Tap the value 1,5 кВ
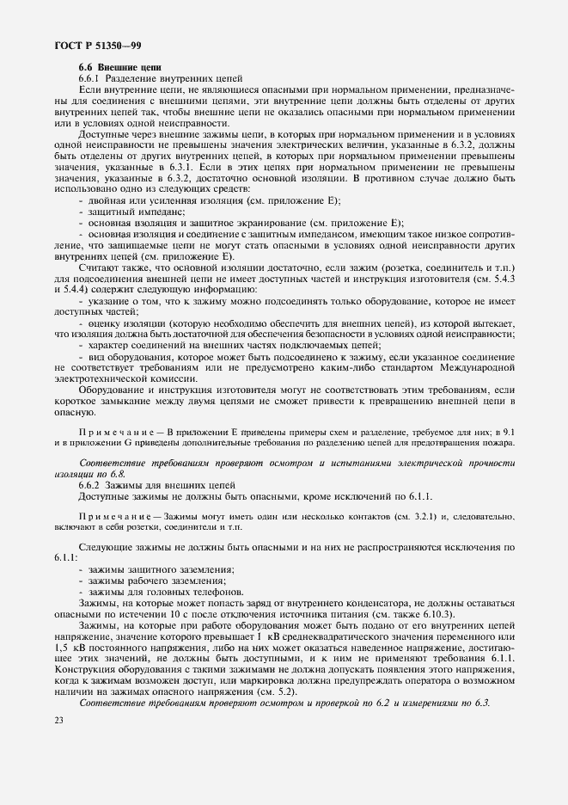[67, 646]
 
